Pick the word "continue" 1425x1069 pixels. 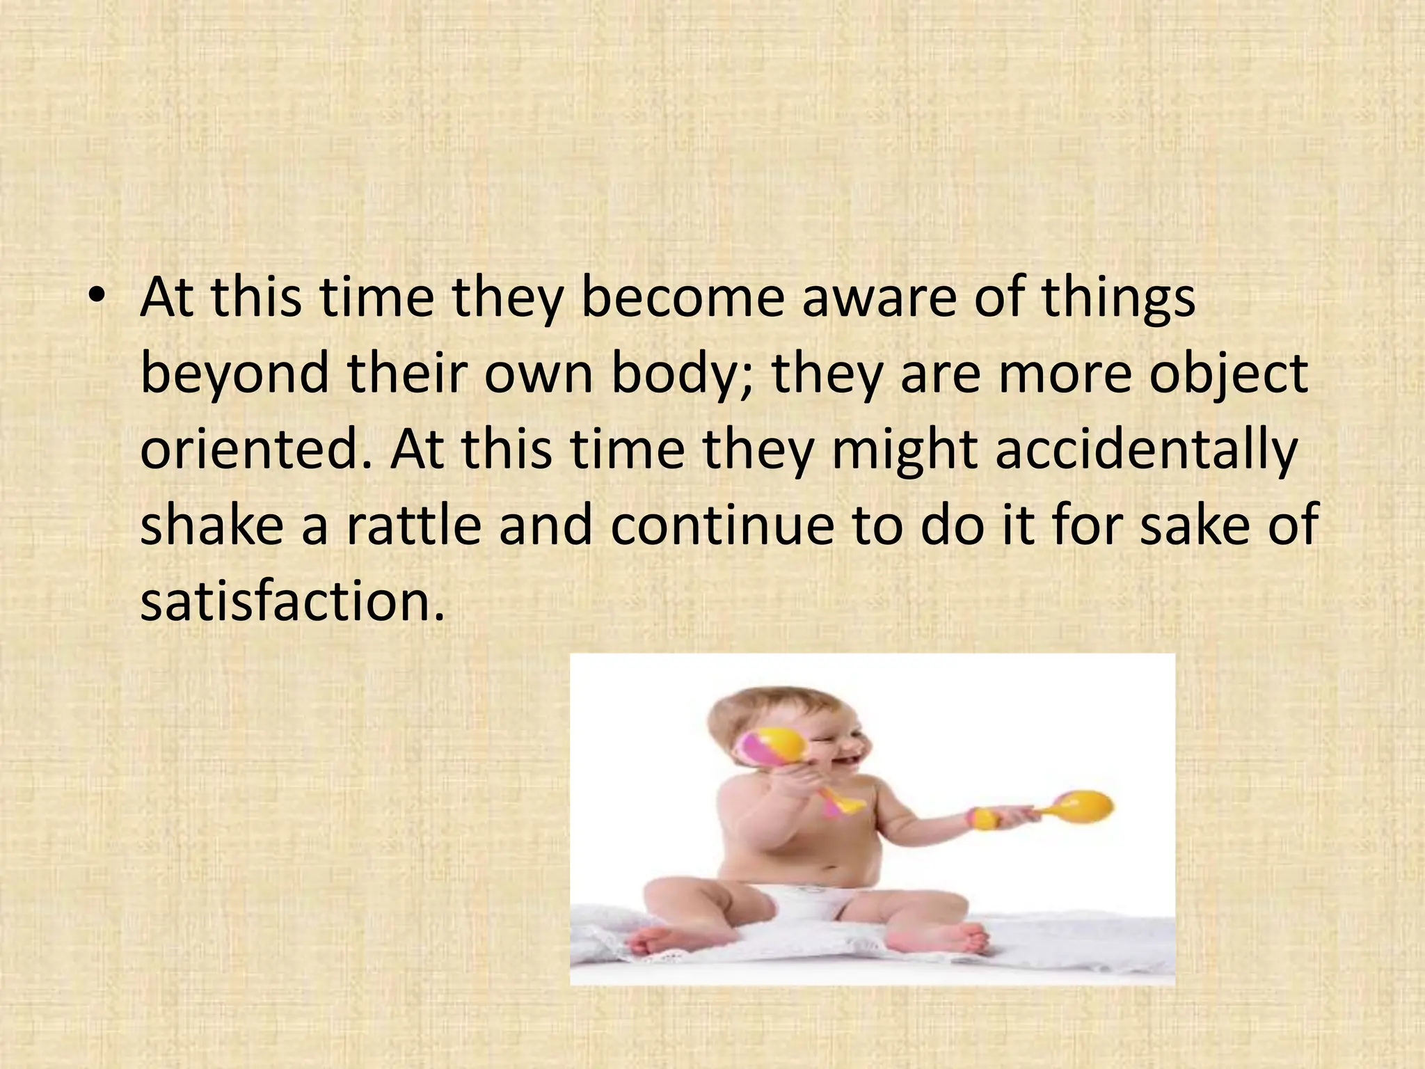tap(722, 524)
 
